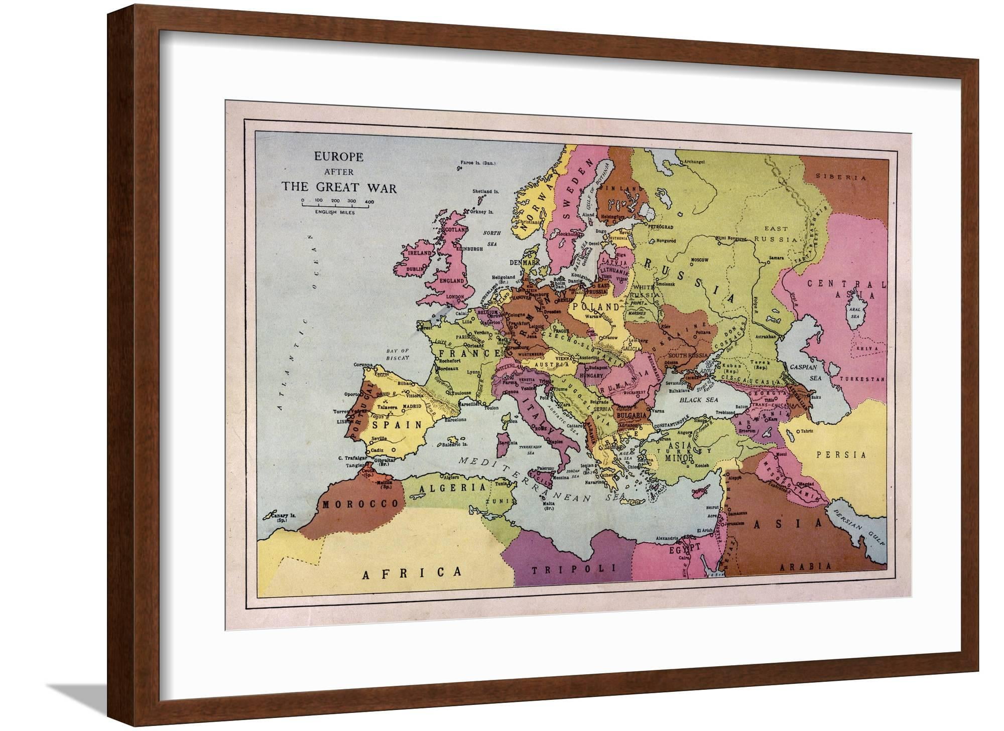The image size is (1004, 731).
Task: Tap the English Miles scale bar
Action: pos(335,204)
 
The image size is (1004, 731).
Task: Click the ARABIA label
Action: pos(804,565)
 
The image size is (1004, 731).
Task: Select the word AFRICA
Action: pos(412,572)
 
